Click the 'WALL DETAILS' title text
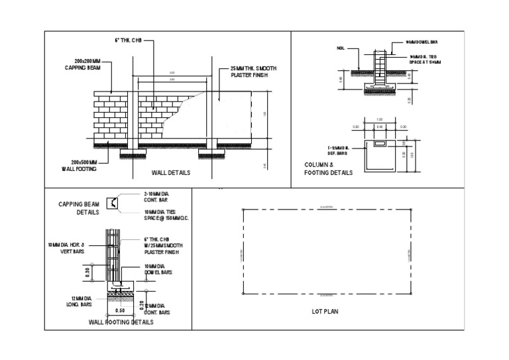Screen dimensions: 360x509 171,172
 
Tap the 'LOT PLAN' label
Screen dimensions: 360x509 325,311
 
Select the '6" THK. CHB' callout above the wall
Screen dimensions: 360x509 129,41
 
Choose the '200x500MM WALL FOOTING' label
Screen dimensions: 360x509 80,165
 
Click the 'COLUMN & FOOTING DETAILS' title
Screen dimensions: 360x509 328,169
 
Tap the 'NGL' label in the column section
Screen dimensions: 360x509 341,48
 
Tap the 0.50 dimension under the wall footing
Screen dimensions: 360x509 120,310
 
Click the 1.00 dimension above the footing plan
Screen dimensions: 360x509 379,120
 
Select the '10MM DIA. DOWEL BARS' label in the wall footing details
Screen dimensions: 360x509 158,269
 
